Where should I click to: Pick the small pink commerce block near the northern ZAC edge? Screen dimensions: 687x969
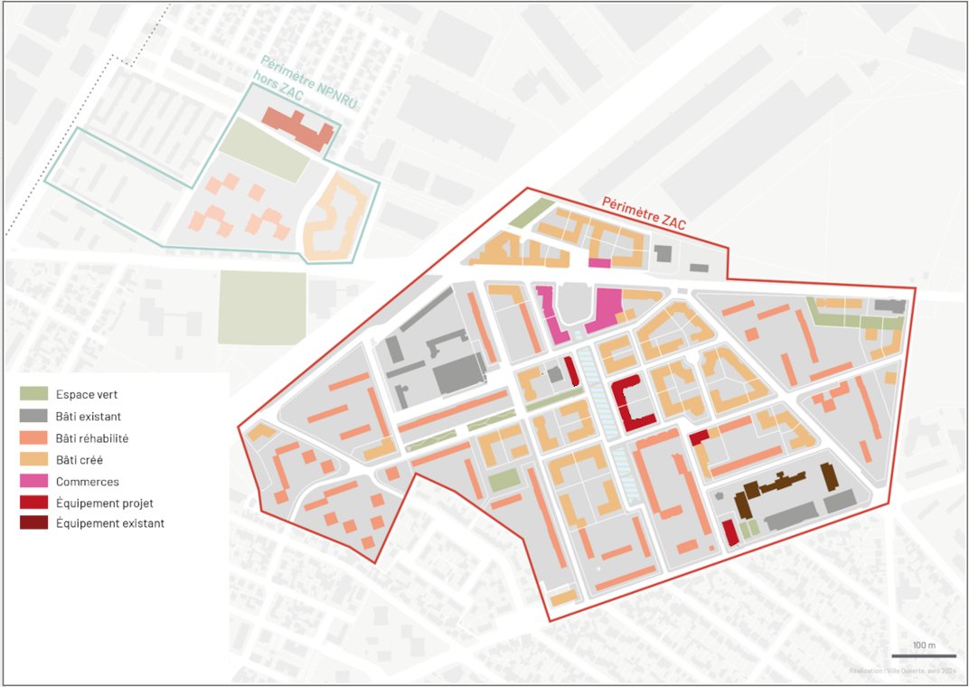click(599, 263)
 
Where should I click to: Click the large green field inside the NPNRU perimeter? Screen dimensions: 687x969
click(264, 150)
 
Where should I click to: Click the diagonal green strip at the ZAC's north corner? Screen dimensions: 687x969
click(531, 213)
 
